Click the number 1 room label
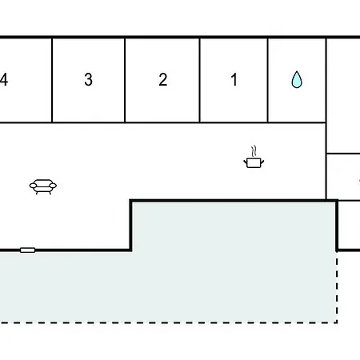234,79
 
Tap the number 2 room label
163,79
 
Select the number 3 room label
89,79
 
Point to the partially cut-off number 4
4,79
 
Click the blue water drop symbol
297,79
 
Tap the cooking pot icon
254,162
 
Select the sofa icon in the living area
43,186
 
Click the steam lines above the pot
254,151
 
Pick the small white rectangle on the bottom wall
28,250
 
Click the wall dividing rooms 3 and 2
125,80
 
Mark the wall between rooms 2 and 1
199,80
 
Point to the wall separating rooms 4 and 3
52,80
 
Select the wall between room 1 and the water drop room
268,80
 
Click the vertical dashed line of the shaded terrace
337,287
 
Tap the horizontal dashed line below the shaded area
169,322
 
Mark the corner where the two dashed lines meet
337,322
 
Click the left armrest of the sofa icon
33,186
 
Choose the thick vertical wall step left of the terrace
131,226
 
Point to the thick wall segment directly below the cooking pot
234,200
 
